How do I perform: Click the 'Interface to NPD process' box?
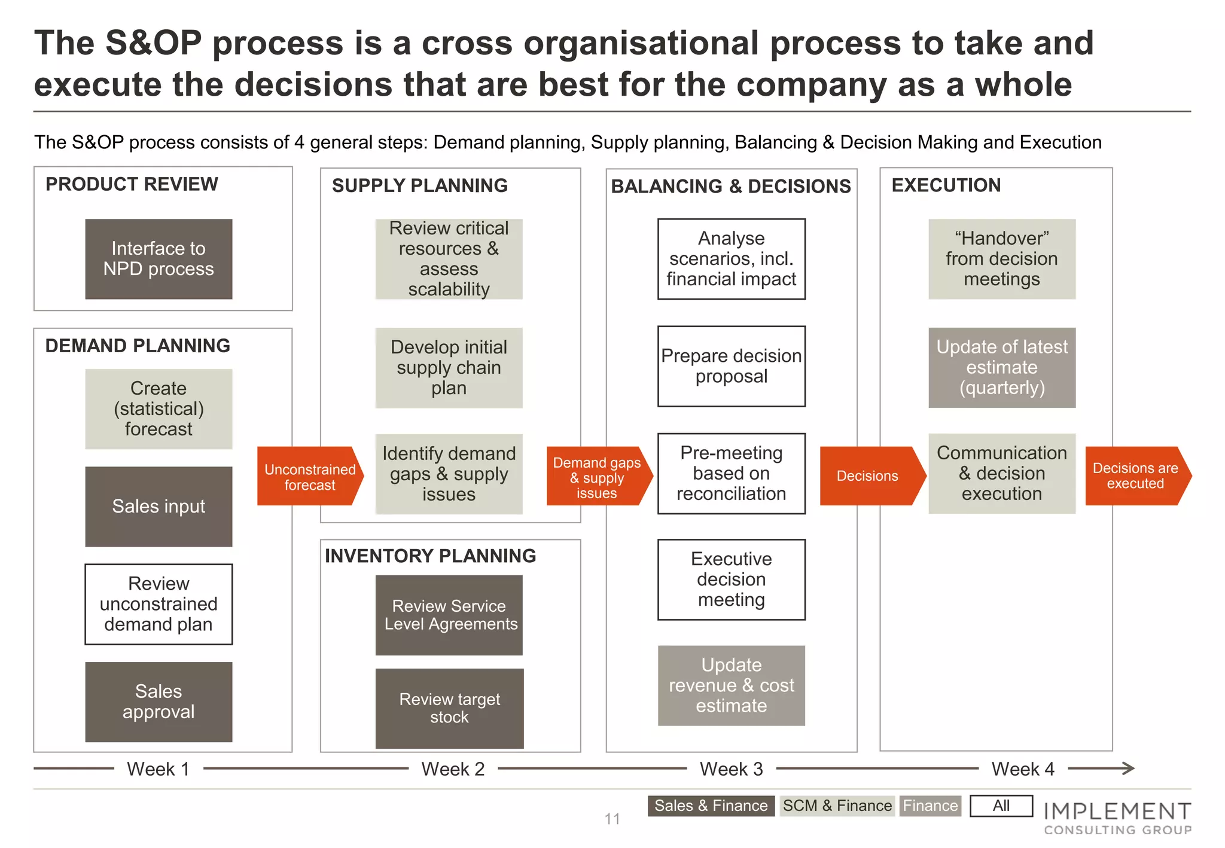159,259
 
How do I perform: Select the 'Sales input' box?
159,507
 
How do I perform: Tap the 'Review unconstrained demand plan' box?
159,604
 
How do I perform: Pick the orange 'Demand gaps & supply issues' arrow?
598,477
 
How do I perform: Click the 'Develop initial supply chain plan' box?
449,368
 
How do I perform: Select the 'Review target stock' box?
449,708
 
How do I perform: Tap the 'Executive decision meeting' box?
731,579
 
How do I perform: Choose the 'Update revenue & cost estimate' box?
731,685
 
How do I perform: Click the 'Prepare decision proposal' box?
731,366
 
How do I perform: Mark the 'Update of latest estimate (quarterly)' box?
1002,368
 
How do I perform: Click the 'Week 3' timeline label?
731,769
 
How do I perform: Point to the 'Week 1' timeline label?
159,769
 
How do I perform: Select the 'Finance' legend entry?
930,806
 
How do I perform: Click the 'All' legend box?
1001,806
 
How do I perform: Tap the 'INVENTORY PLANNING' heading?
430,556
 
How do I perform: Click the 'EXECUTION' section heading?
946,185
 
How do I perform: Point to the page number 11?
612,819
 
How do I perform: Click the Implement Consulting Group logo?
1117,818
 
